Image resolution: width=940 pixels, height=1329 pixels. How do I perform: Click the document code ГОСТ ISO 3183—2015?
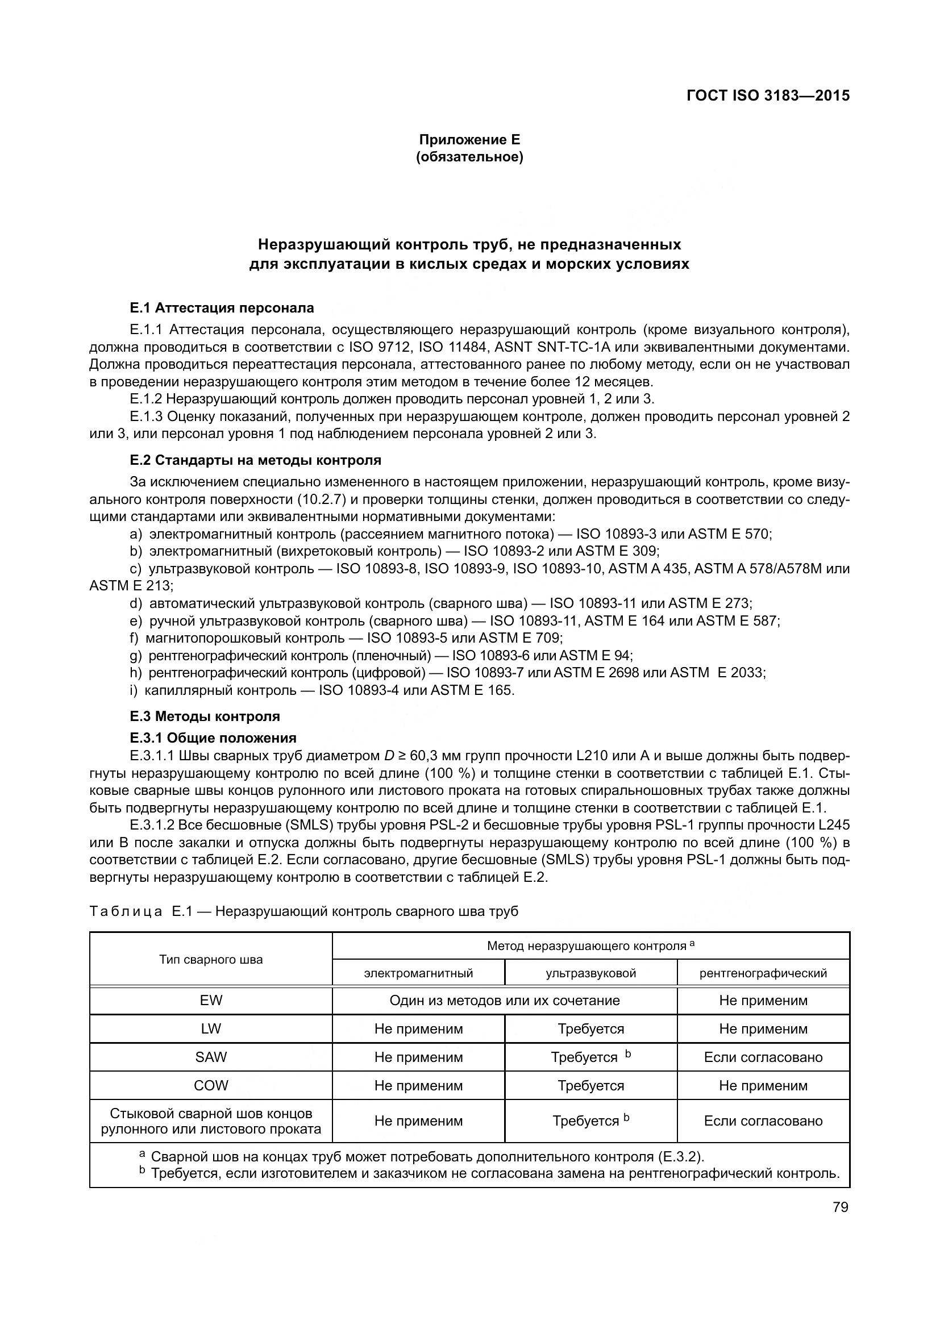point(768,96)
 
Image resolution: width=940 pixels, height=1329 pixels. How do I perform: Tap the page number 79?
point(841,1207)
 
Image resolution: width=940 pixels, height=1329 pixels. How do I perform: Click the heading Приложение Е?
point(469,140)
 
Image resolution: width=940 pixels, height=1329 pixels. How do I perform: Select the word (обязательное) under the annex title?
point(469,157)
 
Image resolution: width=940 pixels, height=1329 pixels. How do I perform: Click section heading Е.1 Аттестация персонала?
point(222,308)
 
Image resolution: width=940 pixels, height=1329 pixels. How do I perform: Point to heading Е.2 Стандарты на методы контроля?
point(255,461)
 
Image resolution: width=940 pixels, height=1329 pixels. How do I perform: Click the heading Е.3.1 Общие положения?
point(213,738)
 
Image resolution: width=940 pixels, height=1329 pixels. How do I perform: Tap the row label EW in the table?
point(211,1001)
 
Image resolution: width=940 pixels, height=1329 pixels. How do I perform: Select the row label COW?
point(211,1086)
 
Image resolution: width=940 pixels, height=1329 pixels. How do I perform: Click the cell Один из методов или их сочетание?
point(504,1001)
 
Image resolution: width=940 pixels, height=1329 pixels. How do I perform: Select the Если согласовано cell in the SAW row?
point(763,1057)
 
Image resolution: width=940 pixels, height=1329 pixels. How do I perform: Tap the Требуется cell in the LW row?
point(590,1029)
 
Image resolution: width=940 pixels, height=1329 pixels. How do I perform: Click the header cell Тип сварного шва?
point(211,960)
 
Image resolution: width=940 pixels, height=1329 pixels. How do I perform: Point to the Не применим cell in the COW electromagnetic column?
point(418,1086)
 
